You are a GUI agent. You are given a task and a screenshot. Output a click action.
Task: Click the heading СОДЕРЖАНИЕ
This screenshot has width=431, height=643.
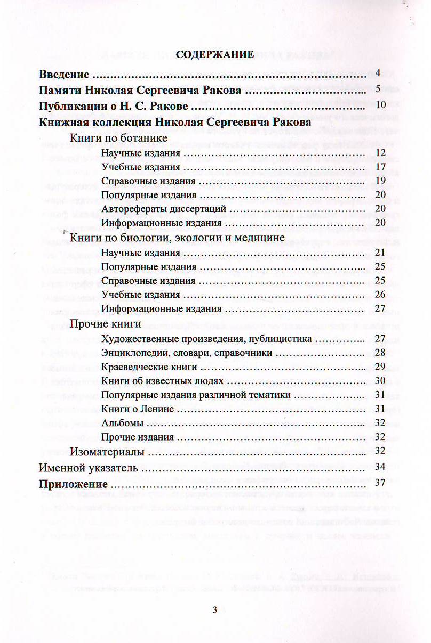[214, 54]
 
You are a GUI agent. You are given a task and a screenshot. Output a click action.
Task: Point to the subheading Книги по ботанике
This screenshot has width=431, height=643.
[119, 138]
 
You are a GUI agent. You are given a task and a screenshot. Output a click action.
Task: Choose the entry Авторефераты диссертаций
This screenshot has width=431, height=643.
[164, 208]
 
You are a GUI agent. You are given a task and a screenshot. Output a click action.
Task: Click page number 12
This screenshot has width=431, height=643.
[380, 153]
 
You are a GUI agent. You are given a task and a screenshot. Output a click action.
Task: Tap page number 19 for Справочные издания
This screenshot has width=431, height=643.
[380, 181]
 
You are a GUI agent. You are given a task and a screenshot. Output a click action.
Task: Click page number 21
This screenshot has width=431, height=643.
[380, 253]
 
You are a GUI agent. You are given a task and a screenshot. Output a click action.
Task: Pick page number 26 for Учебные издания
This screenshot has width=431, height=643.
[380, 294]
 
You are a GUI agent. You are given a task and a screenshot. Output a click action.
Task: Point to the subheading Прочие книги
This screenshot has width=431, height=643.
[98, 323]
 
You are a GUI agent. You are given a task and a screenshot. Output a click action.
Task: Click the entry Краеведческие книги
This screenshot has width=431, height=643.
[149, 367]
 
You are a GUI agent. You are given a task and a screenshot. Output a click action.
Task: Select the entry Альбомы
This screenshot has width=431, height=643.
[122, 423]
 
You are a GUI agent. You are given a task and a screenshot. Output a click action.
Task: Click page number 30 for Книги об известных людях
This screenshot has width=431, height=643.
[380, 380]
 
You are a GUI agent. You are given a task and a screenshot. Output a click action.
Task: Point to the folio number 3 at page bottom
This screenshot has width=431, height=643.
[214, 611]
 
